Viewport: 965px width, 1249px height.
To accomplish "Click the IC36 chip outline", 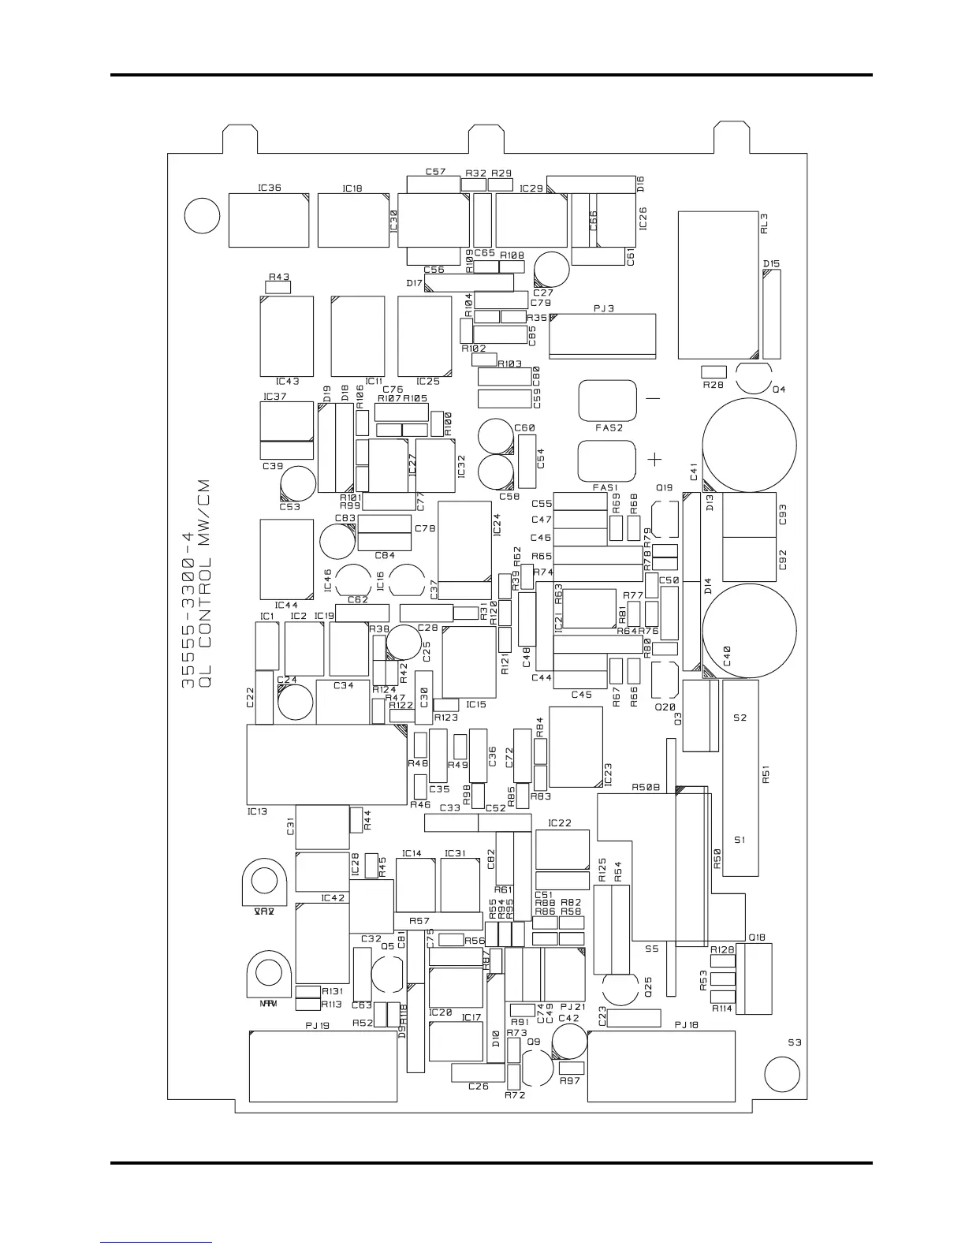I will (x=268, y=220).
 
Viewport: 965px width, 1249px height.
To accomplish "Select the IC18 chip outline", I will (x=353, y=220).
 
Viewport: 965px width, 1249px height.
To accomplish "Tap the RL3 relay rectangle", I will (x=718, y=285).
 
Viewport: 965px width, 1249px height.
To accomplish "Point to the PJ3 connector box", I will (x=602, y=335).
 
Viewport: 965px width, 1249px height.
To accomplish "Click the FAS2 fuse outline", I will (x=607, y=401).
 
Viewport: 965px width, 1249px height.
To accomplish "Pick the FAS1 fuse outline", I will (x=606, y=460).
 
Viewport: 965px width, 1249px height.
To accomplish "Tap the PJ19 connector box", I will (x=322, y=1066).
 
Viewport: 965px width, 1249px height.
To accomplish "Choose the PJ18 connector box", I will (x=661, y=1066).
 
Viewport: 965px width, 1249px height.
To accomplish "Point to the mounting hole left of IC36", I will (x=201, y=216).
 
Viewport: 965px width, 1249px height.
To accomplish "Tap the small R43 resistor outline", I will (x=278, y=287).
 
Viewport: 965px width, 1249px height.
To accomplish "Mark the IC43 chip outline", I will (x=286, y=336).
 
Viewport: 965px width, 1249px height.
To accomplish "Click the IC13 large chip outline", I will (x=326, y=765).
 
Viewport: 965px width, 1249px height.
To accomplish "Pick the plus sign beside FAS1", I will (x=654, y=459).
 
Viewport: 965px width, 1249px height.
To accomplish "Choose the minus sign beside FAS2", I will (x=653, y=399).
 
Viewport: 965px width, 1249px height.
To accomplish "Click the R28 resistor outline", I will (x=714, y=371).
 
